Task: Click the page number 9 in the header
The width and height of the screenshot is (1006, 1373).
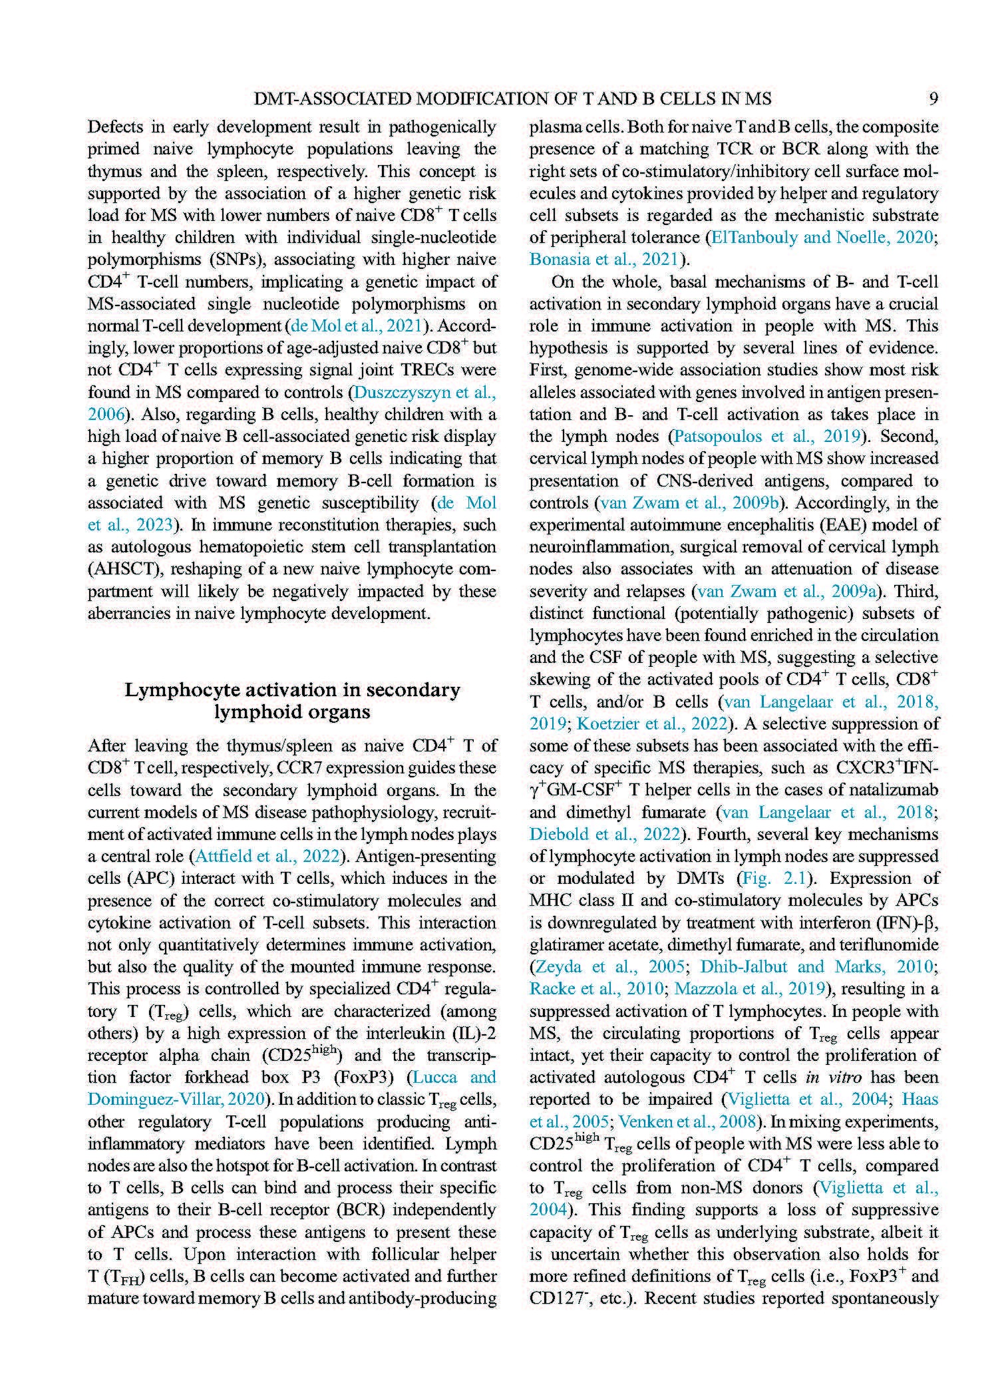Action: click(x=933, y=99)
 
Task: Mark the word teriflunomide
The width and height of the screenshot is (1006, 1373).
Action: click(x=888, y=945)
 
